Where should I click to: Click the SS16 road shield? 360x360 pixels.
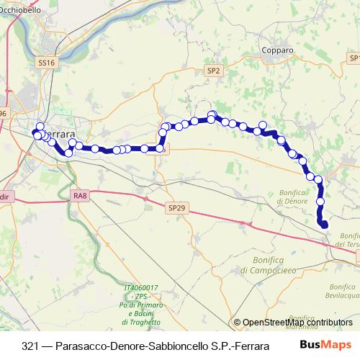click(x=45, y=63)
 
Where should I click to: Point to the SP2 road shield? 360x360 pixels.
click(x=214, y=71)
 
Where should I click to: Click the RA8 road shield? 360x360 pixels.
click(x=80, y=195)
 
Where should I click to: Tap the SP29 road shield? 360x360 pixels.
click(x=176, y=207)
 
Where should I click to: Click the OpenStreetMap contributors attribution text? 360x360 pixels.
click(x=293, y=323)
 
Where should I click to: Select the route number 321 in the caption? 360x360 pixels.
click(x=30, y=344)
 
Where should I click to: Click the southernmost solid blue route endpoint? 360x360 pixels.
click(x=324, y=225)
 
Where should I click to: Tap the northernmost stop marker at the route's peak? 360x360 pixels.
click(x=212, y=114)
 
